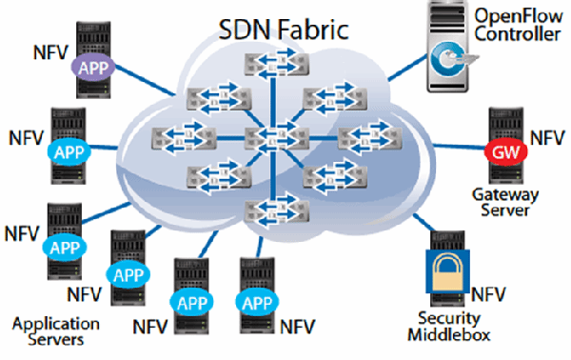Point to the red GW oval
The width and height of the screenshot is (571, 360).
pyautogui.click(x=502, y=151)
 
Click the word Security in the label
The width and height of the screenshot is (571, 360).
pyautogui.click(x=448, y=317)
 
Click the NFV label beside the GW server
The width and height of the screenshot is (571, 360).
pyautogui.click(x=547, y=138)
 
